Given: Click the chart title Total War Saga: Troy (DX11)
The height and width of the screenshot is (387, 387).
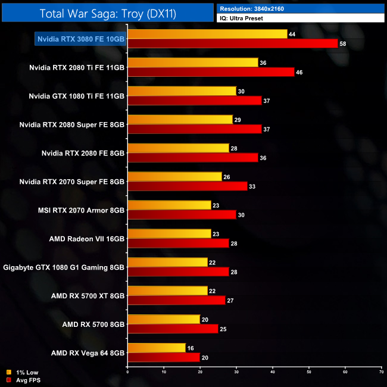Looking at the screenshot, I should [x=107, y=14].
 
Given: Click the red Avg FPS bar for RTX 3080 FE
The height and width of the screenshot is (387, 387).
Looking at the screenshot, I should [x=232, y=43].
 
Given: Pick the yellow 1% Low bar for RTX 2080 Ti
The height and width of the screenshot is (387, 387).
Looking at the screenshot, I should [x=193, y=63].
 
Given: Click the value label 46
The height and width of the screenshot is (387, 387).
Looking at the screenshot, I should [x=299, y=72].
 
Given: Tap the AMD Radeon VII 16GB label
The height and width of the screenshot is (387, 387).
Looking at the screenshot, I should [x=87, y=239].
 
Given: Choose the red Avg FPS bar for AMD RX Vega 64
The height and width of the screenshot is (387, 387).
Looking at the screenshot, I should [x=164, y=358].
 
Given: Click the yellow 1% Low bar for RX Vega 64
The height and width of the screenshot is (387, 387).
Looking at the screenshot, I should [x=157, y=348].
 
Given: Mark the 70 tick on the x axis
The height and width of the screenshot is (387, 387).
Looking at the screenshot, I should [x=381, y=372].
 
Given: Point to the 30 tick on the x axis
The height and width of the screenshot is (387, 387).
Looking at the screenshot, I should [x=236, y=372].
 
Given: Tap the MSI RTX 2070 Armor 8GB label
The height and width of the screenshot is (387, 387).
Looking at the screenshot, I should [x=80, y=210].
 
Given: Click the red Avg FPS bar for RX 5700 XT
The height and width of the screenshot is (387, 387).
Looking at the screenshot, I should [x=176, y=301].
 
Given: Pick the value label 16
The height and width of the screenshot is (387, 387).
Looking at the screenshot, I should [x=190, y=348].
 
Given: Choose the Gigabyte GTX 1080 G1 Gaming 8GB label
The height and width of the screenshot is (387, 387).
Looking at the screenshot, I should [x=64, y=267].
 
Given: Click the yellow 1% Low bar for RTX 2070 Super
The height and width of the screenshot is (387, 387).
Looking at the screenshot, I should [x=175, y=177].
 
